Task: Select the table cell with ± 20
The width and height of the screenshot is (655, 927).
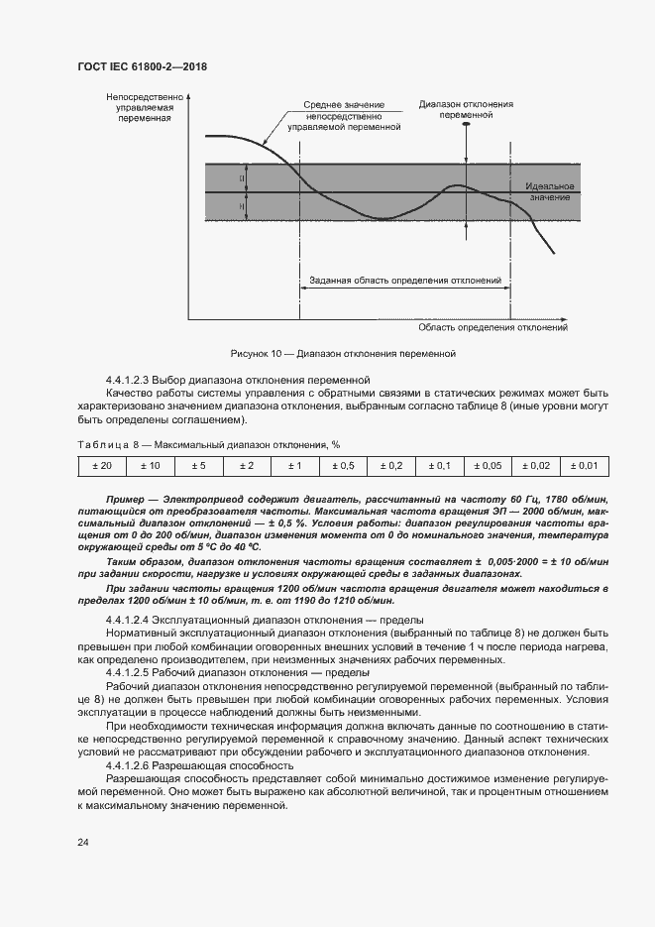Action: click(x=101, y=465)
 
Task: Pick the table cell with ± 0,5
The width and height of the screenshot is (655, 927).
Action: click(x=343, y=465)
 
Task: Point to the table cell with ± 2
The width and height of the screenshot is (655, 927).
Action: click(x=246, y=465)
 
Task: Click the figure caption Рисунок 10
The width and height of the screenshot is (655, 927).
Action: click(x=342, y=352)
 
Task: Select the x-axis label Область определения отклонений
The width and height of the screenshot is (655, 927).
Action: click(x=491, y=327)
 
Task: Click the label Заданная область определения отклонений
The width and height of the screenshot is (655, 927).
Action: click(x=404, y=281)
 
